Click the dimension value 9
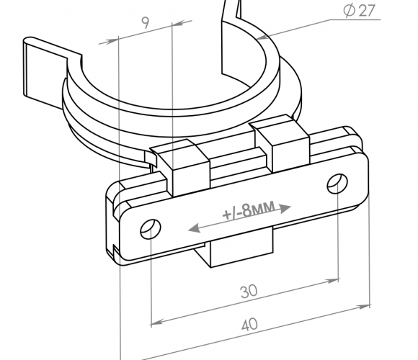[x=146, y=23]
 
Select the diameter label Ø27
[x=360, y=11]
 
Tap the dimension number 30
[x=249, y=292]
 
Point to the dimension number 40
[x=249, y=325]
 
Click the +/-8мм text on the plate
[x=249, y=210]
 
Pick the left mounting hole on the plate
[x=151, y=229]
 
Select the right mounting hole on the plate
[x=337, y=184]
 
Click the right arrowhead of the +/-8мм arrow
[x=285, y=208]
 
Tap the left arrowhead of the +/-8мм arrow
[x=195, y=228]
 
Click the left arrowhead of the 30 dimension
[x=156, y=322]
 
